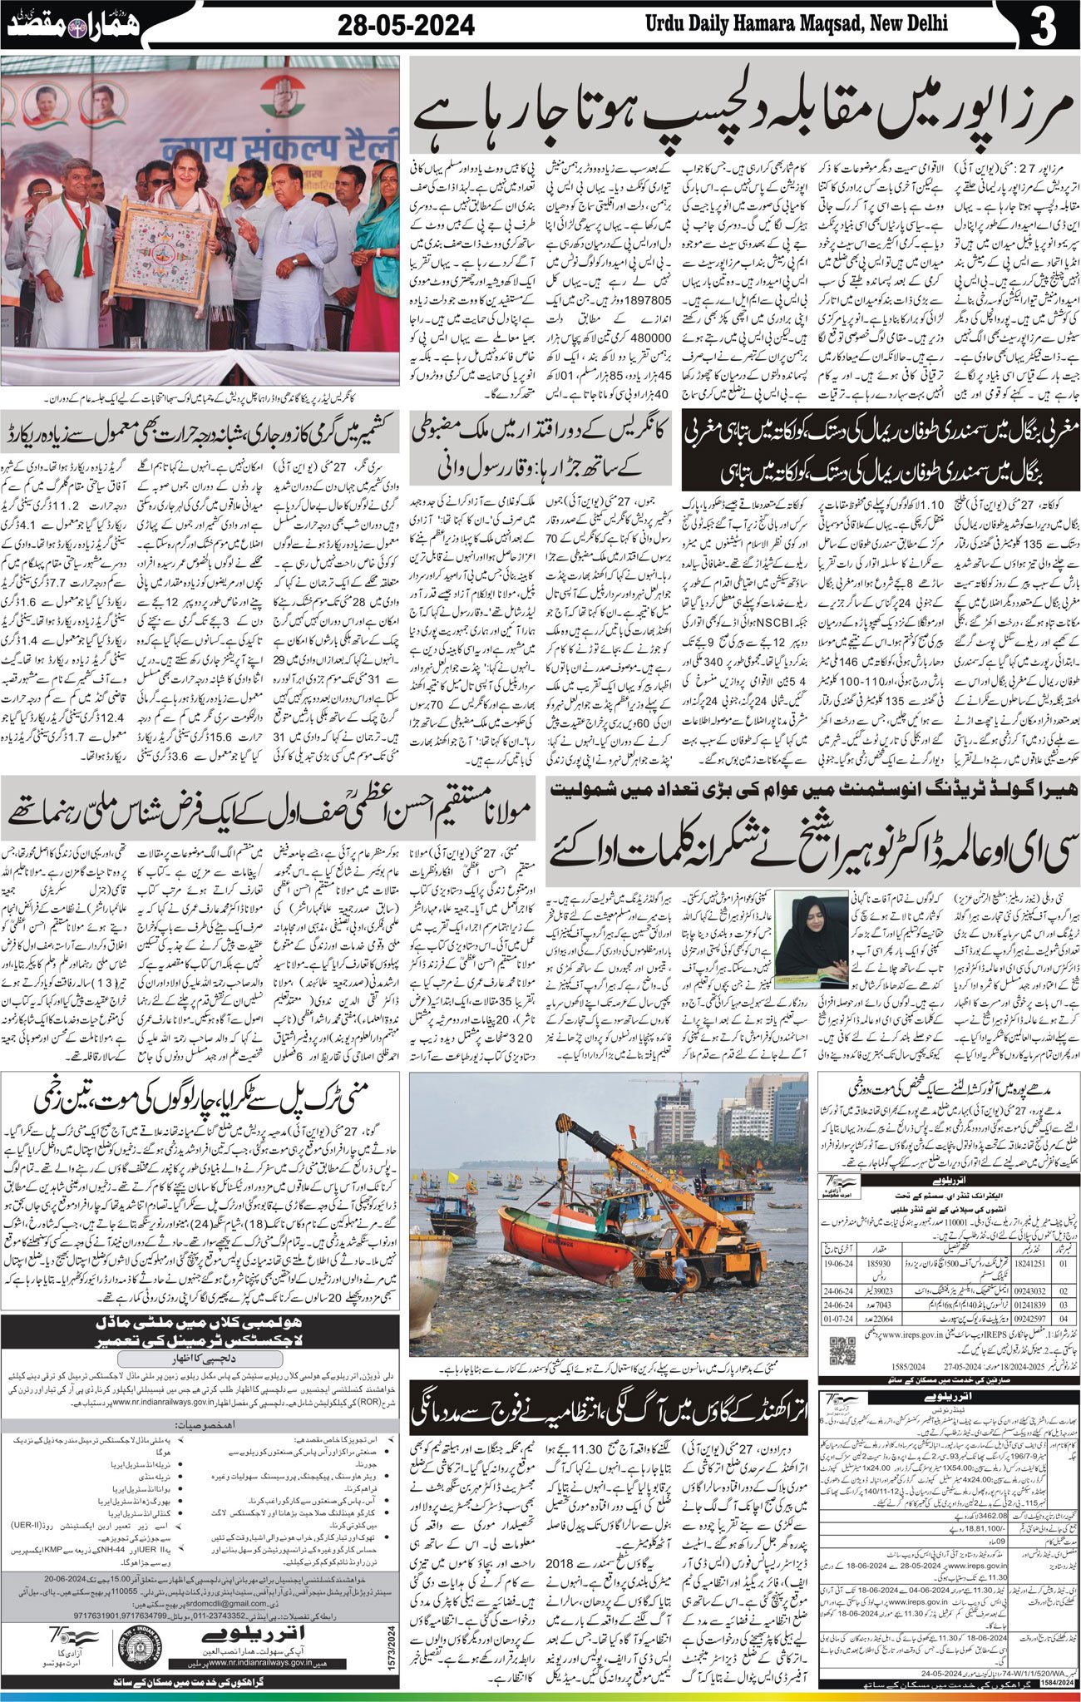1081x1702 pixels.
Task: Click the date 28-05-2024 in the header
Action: point(406,27)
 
